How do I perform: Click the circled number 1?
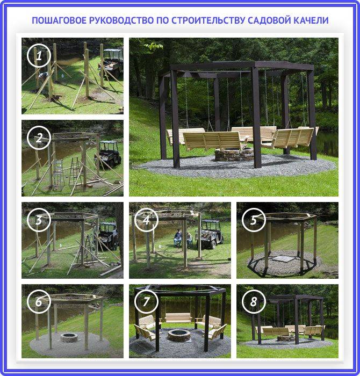39,56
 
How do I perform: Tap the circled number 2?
39,138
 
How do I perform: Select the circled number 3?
39,220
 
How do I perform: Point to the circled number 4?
146,220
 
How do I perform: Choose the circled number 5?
254,220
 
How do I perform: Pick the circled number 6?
39,302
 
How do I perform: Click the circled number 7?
146,302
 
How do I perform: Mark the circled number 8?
254,302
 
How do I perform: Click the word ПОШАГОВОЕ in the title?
59,20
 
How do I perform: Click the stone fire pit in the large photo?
234,154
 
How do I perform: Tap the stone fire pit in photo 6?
69,337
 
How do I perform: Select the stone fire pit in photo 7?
179,335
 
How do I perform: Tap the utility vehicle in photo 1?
111,62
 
